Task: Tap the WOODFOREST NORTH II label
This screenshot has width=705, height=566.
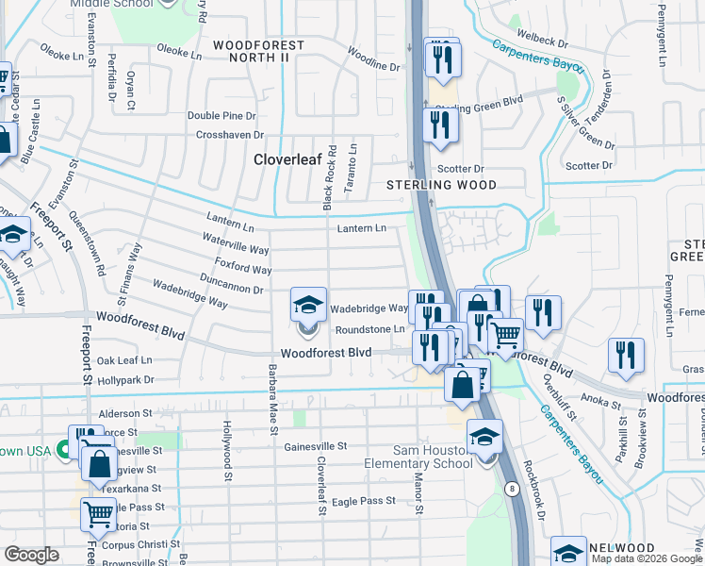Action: pos(258,51)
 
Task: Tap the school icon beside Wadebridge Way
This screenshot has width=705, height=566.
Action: pos(308,306)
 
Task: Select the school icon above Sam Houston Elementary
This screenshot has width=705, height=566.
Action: pos(484,438)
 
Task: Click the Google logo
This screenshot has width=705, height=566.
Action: pos(32,555)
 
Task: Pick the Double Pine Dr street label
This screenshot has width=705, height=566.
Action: pos(221,116)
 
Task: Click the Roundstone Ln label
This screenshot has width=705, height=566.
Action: pos(370,329)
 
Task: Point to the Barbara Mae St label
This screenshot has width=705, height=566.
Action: pos(271,400)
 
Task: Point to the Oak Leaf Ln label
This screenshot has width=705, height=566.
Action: pos(124,360)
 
